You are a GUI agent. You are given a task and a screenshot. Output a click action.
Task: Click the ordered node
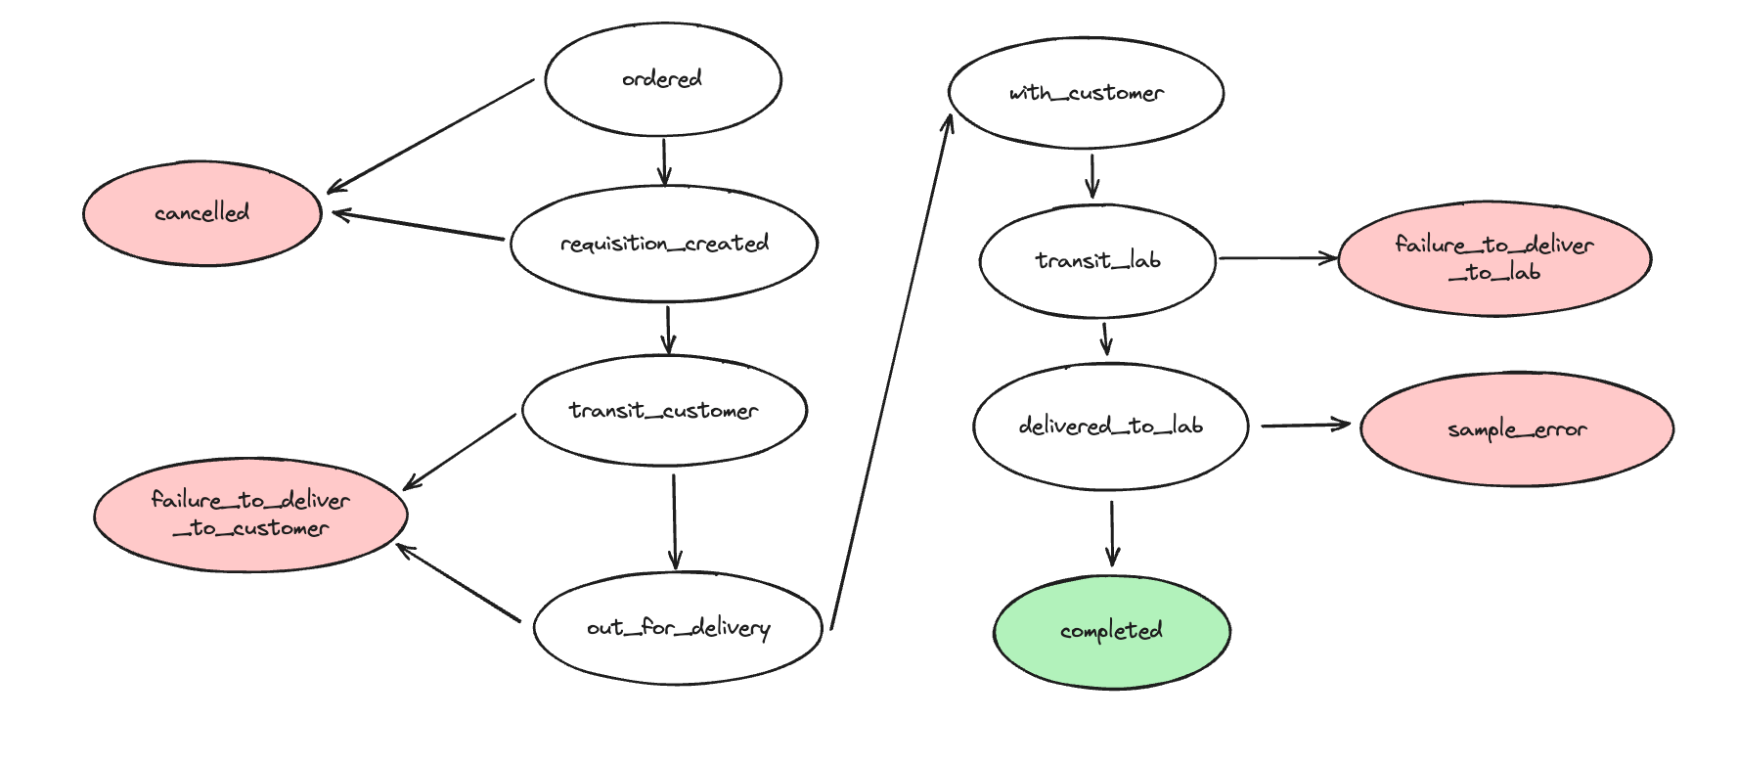coord(663,79)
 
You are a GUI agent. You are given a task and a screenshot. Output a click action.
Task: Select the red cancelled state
coord(202,213)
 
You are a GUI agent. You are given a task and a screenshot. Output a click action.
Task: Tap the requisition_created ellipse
coord(664,244)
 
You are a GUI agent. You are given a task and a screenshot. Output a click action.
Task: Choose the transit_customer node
coord(664,410)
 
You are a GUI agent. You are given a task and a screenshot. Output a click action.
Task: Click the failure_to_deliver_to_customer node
coord(250,515)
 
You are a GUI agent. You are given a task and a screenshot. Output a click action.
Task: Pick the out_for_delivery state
coord(678,628)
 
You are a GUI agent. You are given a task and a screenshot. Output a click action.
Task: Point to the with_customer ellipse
coord(1086,93)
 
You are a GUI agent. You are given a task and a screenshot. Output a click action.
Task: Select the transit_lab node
coord(1097,261)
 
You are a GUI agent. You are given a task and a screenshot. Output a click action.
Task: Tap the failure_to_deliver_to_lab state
coord(1494,259)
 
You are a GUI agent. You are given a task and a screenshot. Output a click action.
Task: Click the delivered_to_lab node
coord(1110,427)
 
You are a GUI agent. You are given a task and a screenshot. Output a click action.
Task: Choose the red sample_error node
coord(1517,428)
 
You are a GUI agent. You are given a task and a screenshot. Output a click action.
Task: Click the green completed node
coord(1112,631)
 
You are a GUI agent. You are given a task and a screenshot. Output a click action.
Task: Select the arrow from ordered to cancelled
coord(430,136)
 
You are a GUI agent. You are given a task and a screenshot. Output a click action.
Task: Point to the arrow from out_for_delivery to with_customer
coord(891,372)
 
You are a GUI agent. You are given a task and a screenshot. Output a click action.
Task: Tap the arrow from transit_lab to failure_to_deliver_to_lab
coord(1278,258)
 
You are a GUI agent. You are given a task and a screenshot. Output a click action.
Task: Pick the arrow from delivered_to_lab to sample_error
coord(1306,426)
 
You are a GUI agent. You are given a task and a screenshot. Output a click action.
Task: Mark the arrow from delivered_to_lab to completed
coord(1111,534)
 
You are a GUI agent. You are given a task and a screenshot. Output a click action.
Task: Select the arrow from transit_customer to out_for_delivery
coord(674,522)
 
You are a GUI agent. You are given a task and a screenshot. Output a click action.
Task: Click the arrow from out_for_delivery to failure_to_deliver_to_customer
coord(458,583)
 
